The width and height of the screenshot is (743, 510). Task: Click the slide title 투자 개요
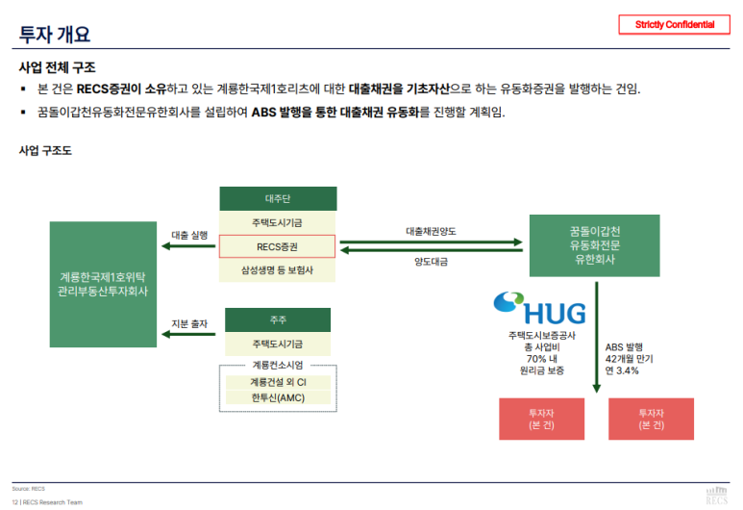55,34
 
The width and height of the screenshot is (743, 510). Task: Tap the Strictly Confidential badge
675,24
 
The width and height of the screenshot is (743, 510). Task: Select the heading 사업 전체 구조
57,67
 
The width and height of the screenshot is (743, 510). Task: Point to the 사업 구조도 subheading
45,151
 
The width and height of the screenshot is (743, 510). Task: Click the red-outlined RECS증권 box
277,246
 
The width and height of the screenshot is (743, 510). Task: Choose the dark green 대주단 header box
277,199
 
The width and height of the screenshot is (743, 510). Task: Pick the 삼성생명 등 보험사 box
277,270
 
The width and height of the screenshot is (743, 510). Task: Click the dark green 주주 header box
277,319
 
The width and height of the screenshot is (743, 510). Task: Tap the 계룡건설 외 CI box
277,382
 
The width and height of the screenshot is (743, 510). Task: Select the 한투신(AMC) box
277,398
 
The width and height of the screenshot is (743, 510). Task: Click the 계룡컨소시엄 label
277,365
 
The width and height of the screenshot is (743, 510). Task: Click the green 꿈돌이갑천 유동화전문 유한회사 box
594,246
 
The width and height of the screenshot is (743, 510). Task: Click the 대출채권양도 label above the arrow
431,231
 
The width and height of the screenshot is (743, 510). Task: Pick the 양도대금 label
431,262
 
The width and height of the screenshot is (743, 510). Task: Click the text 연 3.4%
622,371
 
